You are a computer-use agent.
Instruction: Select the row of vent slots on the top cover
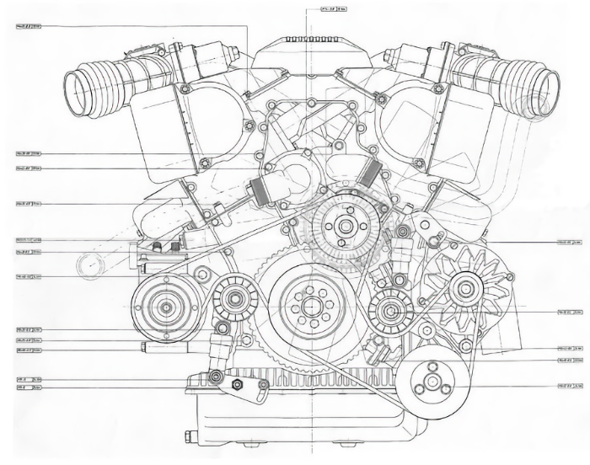311,40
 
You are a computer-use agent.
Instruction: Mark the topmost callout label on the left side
29,27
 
